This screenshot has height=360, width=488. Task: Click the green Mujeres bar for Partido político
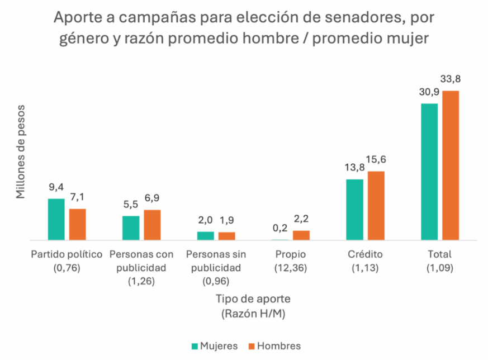click(x=56, y=219)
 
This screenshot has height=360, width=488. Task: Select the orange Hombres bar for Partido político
click(x=78, y=224)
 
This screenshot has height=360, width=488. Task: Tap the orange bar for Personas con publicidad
click(x=152, y=225)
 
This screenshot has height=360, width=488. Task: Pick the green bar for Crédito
click(x=354, y=210)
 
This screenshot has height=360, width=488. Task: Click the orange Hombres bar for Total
click(x=450, y=165)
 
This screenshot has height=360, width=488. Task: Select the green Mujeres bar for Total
click(x=429, y=172)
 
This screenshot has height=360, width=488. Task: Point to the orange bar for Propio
click(x=301, y=235)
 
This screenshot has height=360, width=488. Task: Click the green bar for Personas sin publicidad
click(x=205, y=236)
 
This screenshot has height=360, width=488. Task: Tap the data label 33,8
click(x=450, y=79)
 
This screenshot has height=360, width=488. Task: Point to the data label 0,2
click(x=279, y=228)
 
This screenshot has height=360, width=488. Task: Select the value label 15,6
click(x=376, y=160)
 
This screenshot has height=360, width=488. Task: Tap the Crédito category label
click(x=365, y=254)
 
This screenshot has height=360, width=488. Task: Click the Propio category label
click(x=290, y=254)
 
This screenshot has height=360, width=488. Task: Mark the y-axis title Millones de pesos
click(x=21, y=151)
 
